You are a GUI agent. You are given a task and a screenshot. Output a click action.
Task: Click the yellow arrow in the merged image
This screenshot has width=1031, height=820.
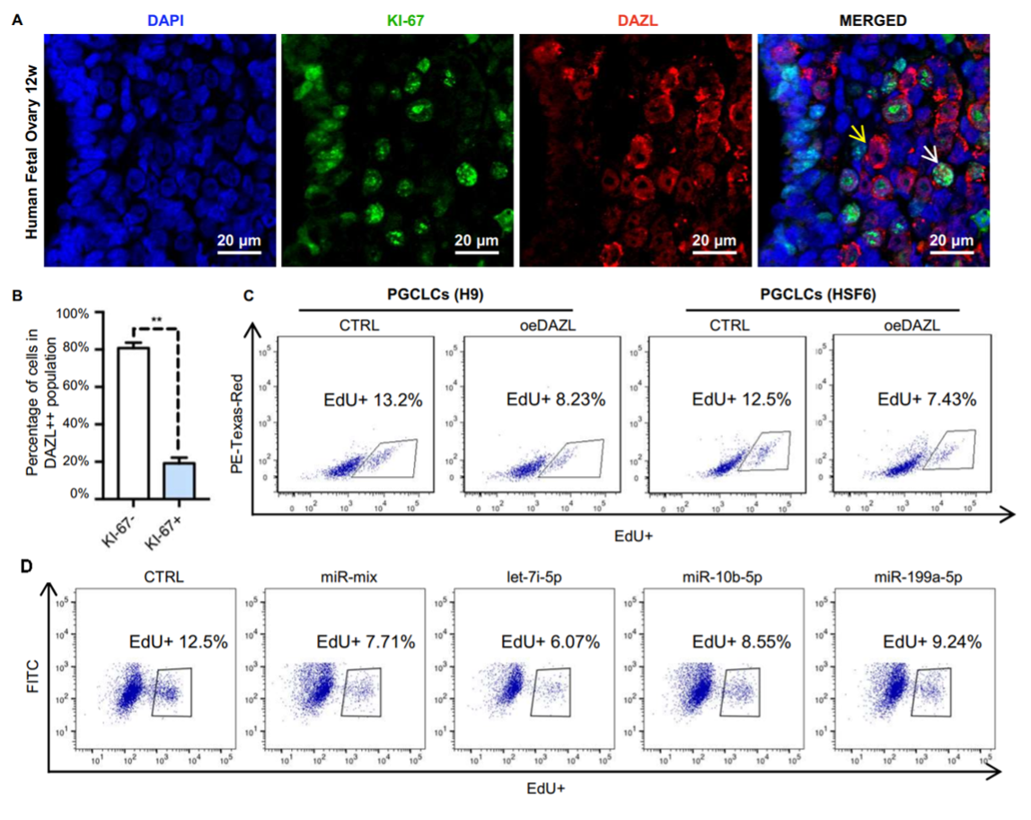[x=859, y=135]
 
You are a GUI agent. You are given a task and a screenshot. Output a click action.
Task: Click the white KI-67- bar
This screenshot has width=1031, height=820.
[x=134, y=422]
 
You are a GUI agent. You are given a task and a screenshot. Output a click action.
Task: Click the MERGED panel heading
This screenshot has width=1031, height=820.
[x=873, y=19]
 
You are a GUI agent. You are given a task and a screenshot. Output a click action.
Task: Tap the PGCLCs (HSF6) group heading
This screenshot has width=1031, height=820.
[x=822, y=295]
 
